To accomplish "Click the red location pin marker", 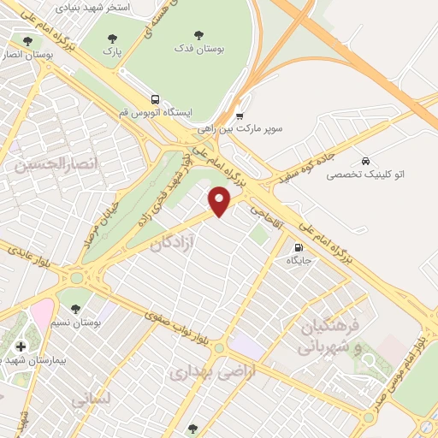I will click(220, 202).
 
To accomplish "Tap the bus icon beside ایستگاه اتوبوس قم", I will click(155, 98).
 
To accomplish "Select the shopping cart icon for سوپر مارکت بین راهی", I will click(240, 115).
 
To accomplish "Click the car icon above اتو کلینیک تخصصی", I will click(366, 161).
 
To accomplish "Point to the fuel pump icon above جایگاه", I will click(297, 247).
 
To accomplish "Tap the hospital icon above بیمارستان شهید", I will click(21, 346).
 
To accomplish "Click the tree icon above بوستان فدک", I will click(198, 36).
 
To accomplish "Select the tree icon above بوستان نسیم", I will click(75, 308).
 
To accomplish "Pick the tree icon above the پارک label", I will click(112, 38).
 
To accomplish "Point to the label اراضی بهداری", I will click(201, 372).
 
